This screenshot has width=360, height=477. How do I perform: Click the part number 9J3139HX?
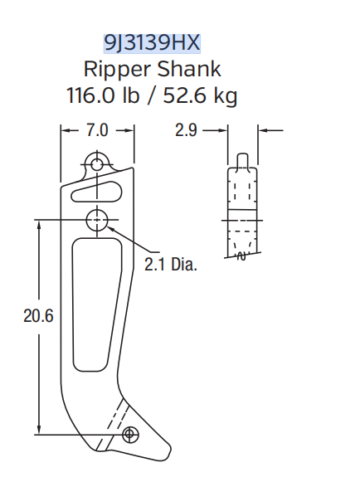pyautogui.click(x=153, y=41)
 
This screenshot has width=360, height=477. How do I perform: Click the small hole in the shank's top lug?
pyautogui.click(x=98, y=163)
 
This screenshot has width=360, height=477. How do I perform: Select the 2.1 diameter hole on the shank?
pyautogui.click(x=98, y=220)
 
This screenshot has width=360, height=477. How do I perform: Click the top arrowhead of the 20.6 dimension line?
pyautogui.click(x=38, y=225)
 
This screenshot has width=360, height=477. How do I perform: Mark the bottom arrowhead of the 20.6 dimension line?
pyautogui.click(x=38, y=429)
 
